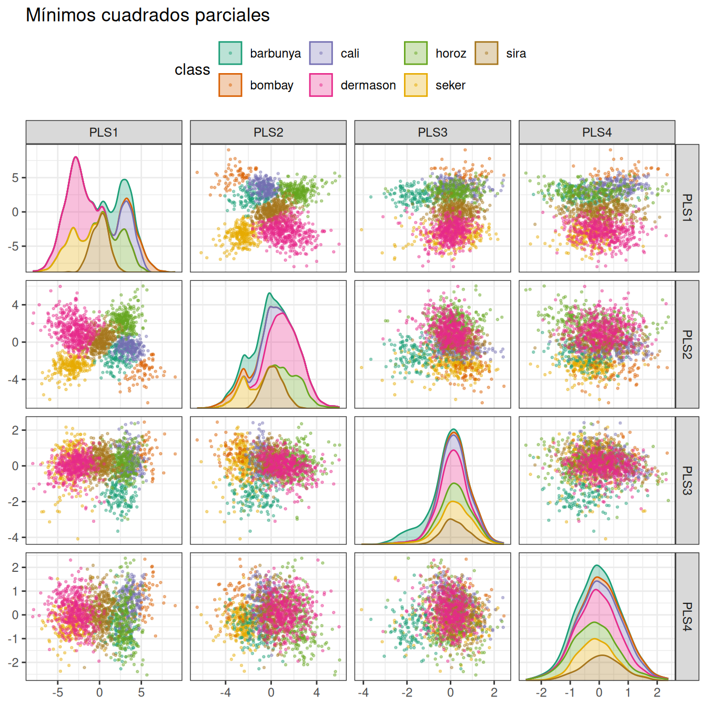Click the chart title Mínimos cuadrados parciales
[148, 15]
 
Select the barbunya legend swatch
[230, 53]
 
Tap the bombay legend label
[271, 85]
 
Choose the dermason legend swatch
[321, 85]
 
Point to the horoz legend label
[451, 53]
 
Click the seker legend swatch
[416, 85]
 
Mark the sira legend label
[516, 53]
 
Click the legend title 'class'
[192, 69]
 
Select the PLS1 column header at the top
[104, 132]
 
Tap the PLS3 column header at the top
[432, 132]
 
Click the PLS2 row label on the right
[687, 344]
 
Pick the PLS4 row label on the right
[687, 617]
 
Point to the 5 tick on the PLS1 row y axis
[16, 178]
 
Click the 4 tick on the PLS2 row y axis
[16, 305]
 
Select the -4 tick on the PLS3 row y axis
[13, 538]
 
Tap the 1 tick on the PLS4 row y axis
[16, 591]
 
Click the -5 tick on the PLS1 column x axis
[57, 692]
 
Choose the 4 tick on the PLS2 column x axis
[317, 692]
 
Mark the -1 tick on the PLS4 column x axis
[569, 692]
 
